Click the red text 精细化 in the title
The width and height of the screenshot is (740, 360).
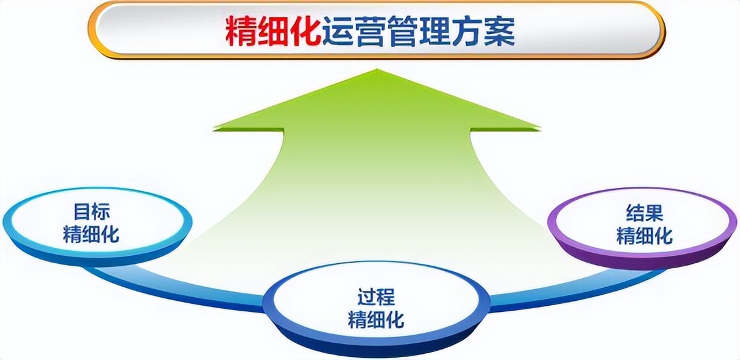coord(273,31)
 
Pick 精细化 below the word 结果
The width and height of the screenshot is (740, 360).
coord(644,235)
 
